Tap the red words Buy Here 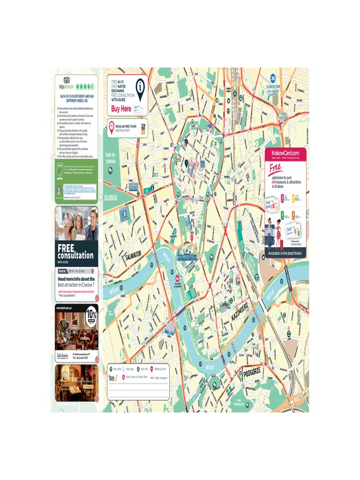coord(121,109)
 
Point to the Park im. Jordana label coord(111,158)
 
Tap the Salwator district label coord(133,255)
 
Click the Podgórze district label coord(252,373)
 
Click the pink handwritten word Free coord(276,168)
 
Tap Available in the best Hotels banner coord(285,253)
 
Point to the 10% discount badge coord(91,314)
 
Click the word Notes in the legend coord(113,377)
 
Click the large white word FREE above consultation coord(66,248)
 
